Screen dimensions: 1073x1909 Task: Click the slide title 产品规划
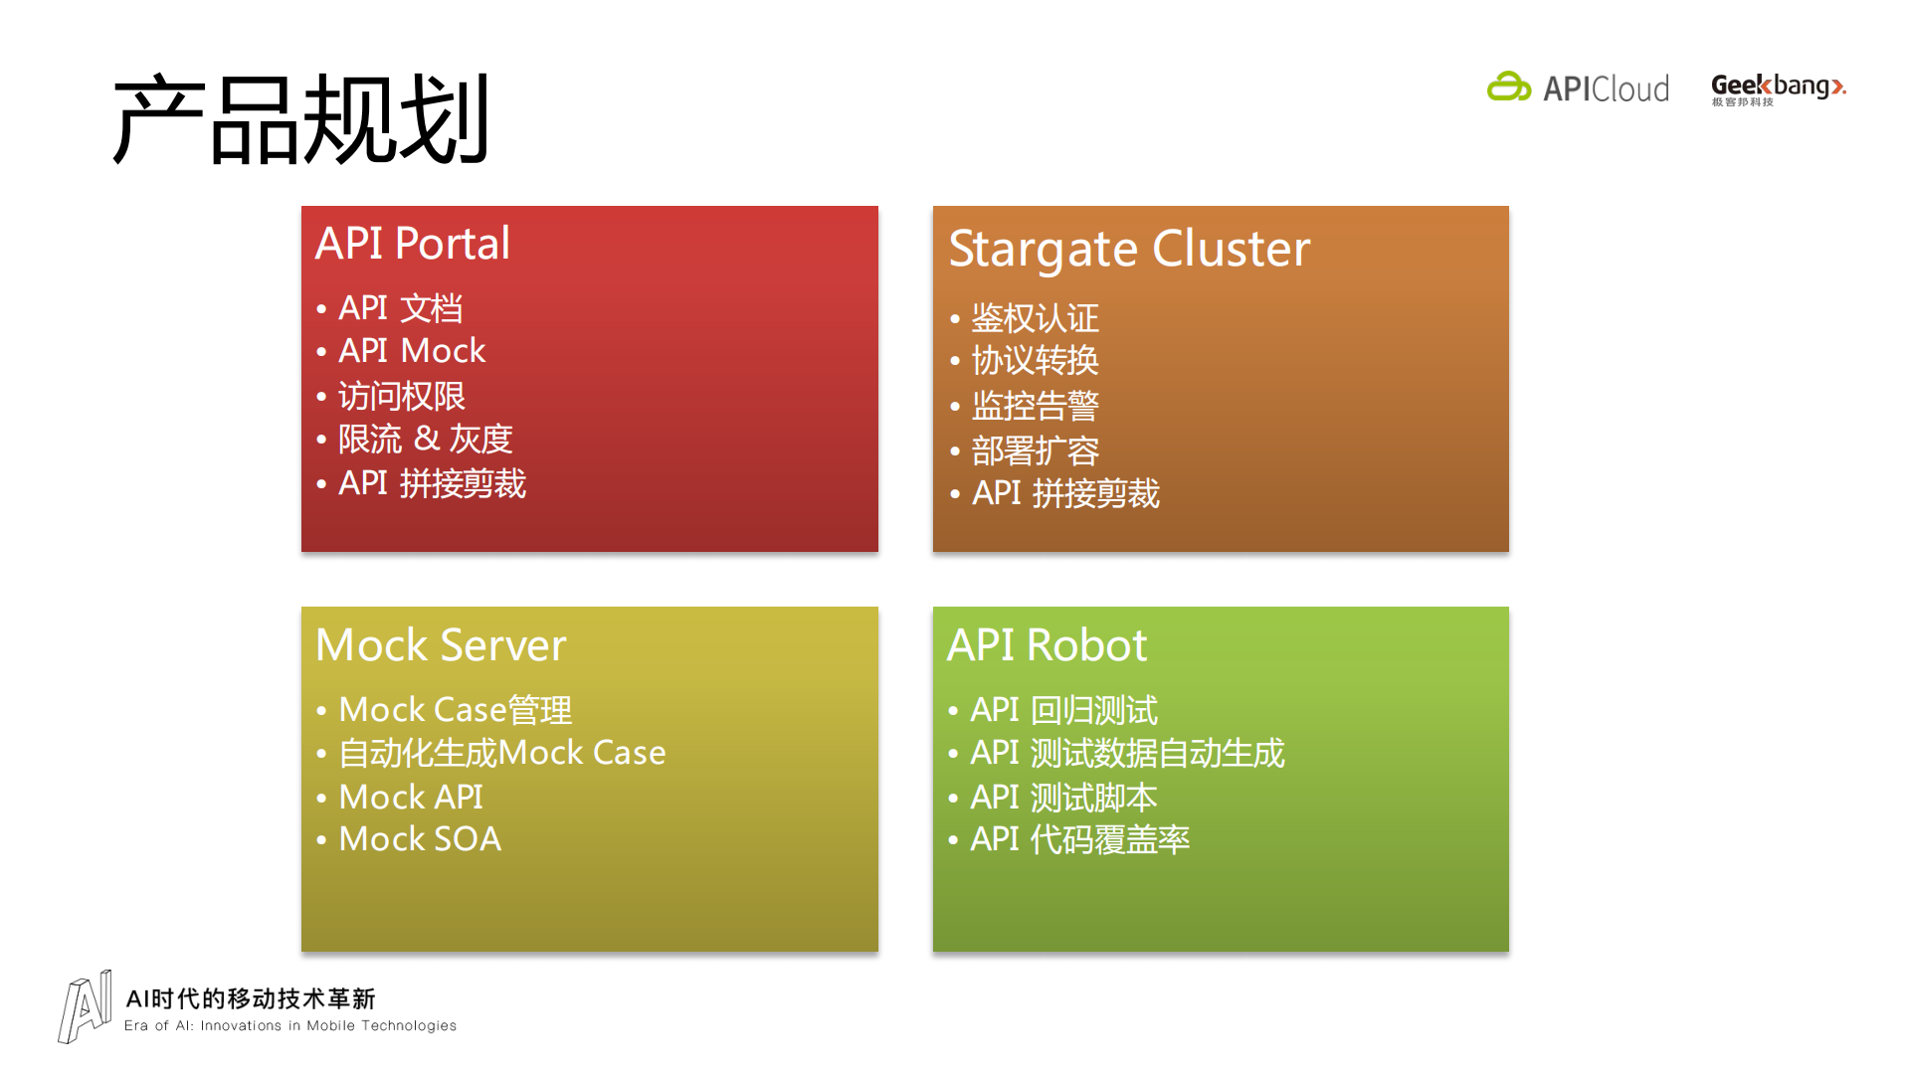click(300, 119)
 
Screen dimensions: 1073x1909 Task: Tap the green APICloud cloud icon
click(1508, 88)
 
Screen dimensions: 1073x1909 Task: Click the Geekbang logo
click(1778, 89)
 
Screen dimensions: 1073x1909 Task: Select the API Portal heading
click(412, 244)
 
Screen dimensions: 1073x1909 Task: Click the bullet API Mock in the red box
click(411, 351)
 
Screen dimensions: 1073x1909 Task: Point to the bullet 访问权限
click(401, 396)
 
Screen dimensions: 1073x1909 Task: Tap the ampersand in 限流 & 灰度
click(427, 439)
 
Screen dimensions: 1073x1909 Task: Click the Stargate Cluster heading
click(1129, 249)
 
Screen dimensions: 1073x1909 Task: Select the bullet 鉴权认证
click(1035, 318)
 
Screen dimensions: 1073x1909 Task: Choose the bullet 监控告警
click(1035, 406)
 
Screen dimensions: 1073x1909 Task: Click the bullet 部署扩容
click(1035, 450)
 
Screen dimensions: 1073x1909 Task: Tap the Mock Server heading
click(440, 645)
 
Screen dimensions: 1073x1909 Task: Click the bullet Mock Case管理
click(455, 710)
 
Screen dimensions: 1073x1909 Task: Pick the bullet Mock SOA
click(419, 839)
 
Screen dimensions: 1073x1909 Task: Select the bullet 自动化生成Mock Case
click(501, 753)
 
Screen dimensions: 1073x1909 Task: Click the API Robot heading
click(1047, 645)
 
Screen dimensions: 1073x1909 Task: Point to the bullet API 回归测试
click(1063, 710)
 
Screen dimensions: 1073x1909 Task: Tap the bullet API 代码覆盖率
click(1079, 839)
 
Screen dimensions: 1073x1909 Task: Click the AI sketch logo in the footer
click(85, 1006)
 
